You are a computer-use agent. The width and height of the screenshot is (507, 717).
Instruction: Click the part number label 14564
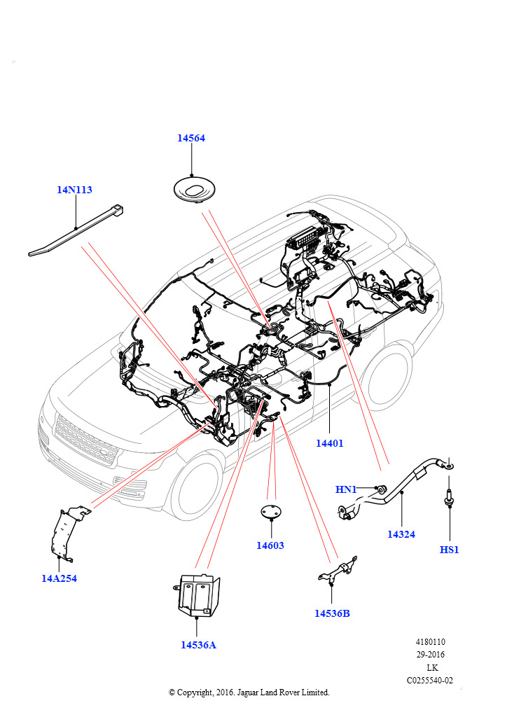click(190, 139)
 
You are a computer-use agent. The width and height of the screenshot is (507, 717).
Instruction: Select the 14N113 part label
click(74, 190)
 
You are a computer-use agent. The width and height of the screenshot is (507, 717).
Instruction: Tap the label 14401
click(329, 443)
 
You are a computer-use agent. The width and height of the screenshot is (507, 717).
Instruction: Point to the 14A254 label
click(59, 578)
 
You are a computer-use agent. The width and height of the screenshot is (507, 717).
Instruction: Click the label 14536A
click(198, 645)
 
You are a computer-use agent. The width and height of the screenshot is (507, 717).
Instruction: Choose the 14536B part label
click(332, 613)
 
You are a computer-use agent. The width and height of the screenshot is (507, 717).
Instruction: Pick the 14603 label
click(270, 545)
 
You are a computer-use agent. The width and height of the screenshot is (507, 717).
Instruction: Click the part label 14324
click(401, 534)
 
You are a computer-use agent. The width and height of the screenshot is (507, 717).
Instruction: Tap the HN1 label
click(346, 489)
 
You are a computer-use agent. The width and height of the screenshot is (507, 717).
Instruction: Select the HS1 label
click(449, 550)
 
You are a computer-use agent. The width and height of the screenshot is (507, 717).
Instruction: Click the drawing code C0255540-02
click(430, 680)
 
